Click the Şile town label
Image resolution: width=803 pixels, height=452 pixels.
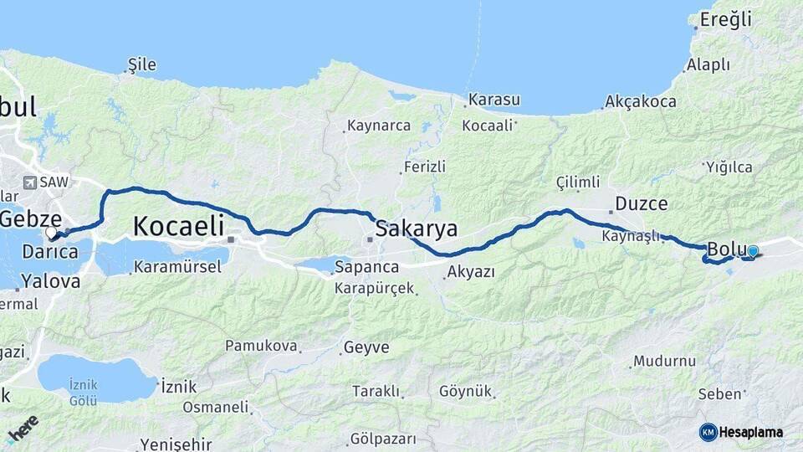point(141,64)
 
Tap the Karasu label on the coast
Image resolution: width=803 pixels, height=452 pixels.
point(494,100)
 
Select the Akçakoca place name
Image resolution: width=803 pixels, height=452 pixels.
point(642,102)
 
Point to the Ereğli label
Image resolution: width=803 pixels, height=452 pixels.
point(725,19)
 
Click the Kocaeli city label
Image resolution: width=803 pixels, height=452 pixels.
point(178,225)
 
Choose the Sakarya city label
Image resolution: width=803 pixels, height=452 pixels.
point(416,229)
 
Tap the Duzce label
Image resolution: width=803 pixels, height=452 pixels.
point(642,203)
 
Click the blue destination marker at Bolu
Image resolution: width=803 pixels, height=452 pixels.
point(753,251)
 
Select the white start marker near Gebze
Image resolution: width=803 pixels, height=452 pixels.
point(52,232)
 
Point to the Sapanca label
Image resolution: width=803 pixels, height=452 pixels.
point(366,268)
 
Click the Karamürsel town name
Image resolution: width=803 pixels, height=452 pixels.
point(177,267)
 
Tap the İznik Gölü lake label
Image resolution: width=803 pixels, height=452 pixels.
point(84,392)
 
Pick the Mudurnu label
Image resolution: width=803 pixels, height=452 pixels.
point(664,362)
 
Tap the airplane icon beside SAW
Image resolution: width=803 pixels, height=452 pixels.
point(32,182)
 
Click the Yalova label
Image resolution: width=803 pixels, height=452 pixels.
point(50,280)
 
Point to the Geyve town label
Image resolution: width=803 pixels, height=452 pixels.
point(366,347)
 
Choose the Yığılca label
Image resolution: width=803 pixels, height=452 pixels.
point(729,167)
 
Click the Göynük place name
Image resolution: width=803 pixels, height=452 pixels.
point(465,391)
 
